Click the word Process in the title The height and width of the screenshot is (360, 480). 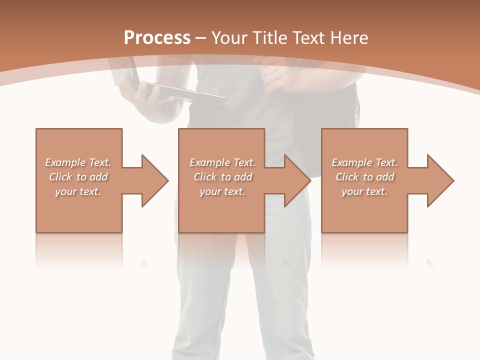(x=157, y=38)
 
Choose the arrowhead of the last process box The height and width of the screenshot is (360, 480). (x=439, y=180)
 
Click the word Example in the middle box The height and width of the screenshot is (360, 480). (x=209, y=162)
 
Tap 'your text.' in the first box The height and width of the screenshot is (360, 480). (x=78, y=191)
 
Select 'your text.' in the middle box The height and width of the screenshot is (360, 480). (x=222, y=191)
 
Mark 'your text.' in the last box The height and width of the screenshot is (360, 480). (x=364, y=191)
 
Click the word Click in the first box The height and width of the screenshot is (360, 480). (x=60, y=177)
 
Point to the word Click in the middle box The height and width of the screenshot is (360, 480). (x=204, y=177)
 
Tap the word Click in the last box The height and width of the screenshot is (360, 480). (x=347, y=177)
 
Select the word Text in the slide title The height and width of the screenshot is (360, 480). (x=306, y=38)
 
